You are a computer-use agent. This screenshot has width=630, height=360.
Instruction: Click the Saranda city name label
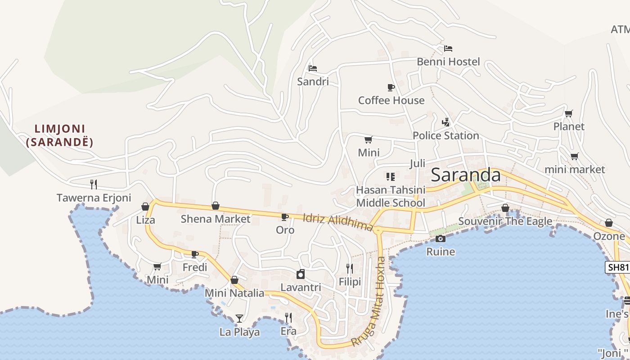(466, 175)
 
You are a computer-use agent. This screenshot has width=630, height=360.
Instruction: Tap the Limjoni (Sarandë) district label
(60, 136)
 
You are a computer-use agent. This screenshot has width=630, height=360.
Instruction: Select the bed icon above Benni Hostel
(448, 49)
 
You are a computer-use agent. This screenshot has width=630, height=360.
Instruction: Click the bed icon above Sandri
(313, 68)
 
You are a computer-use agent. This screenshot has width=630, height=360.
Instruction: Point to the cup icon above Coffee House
(391, 87)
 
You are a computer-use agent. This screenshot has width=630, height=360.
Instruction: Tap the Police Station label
(445, 135)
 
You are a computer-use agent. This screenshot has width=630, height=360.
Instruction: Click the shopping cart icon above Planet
(569, 114)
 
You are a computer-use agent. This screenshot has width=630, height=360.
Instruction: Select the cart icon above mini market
(574, 157)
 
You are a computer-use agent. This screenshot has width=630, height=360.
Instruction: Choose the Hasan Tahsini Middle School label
(390, 197)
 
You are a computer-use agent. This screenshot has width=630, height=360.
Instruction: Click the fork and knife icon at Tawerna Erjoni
(94, 184)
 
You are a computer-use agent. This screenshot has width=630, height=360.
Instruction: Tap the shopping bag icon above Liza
(145, 207)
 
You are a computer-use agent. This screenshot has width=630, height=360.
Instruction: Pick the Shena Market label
(215, 219)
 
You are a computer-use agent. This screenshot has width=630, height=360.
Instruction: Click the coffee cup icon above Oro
(284, 217)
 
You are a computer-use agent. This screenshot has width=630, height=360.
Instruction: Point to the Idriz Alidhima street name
(338, 222)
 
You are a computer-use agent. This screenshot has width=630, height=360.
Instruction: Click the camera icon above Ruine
(441, 239)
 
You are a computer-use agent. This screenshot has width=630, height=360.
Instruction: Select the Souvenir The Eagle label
(505, 221)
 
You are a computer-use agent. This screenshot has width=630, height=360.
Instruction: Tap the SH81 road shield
(617, 267)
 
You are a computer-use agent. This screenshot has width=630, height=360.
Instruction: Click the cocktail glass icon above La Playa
(239, 319)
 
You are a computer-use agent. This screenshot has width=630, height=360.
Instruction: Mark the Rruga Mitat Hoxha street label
(369, 301)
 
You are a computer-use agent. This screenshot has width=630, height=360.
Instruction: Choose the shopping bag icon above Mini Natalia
(234, 280)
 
